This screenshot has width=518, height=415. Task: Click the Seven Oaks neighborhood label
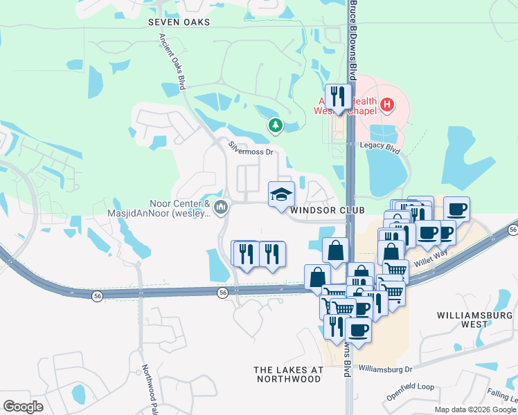click(179, 22)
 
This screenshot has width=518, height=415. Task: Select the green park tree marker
click(276, 125)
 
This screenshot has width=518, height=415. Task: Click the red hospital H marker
click(387, 105)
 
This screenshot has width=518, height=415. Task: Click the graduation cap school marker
click(282, 194)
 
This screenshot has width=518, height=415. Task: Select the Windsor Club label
click(318, 210)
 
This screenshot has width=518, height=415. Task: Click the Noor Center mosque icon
click(222, 207)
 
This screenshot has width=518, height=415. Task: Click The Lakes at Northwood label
click(288, 374)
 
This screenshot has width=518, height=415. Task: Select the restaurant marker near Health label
click(338, 96)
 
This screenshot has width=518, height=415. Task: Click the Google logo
click(23, 406)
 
